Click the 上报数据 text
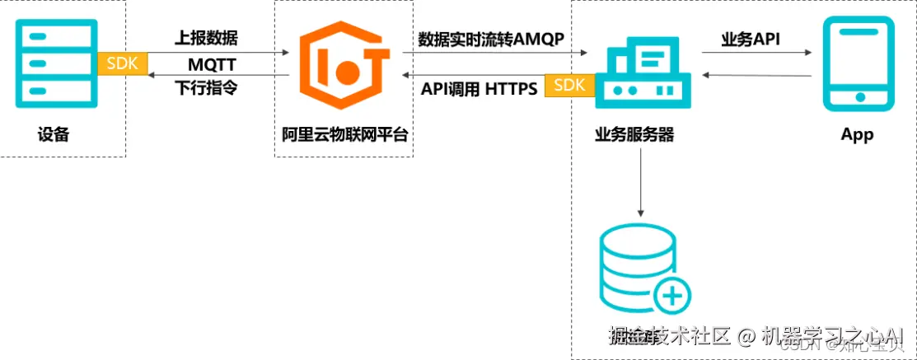208,38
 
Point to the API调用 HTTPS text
479,88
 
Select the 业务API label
751,39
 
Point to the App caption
857,135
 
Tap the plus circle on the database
672,294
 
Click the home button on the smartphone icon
859,96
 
